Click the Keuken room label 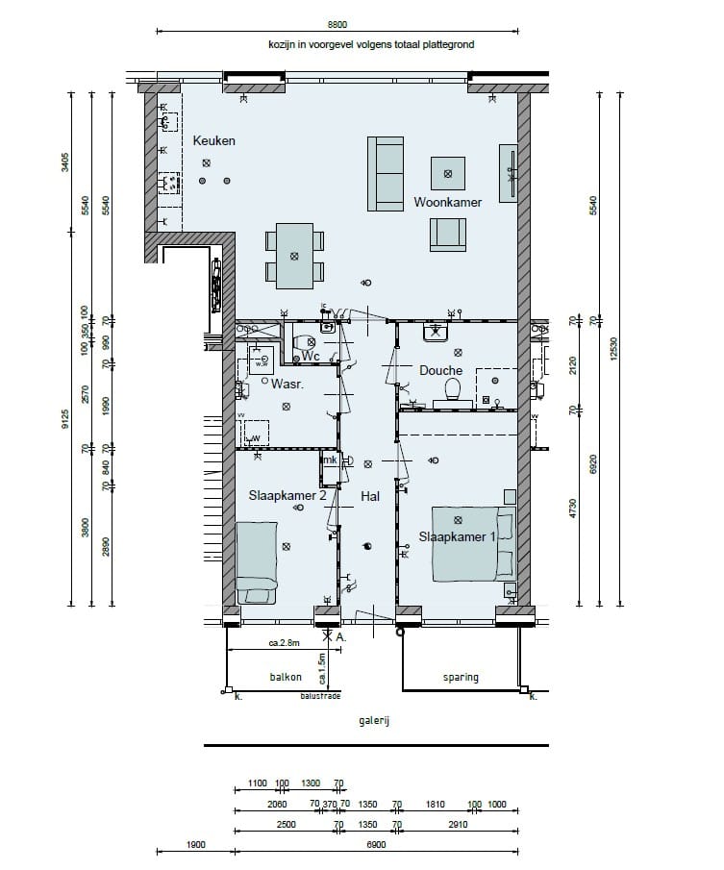213,141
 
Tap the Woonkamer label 447,203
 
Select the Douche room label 440,370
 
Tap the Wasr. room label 287,384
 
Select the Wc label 310,356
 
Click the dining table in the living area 294,256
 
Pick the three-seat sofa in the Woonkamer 386,173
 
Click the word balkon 286,678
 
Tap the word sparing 461,678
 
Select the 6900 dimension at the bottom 376,845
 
